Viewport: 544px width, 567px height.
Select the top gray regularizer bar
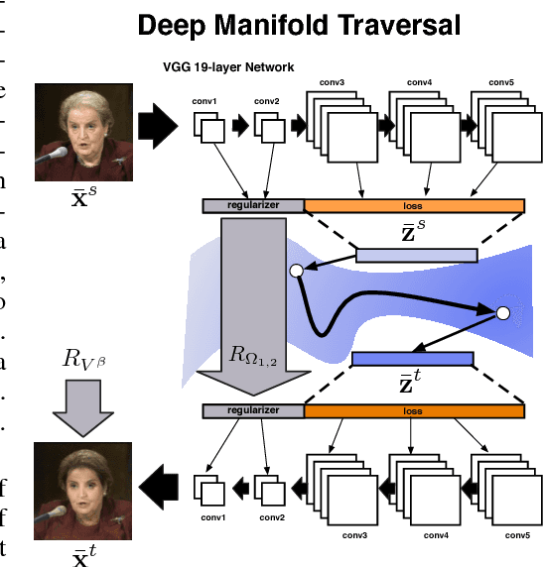253,205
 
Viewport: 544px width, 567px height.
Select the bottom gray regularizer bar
253,409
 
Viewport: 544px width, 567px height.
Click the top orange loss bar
414,205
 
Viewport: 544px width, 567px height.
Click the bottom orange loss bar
414,409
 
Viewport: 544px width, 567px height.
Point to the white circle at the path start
295,270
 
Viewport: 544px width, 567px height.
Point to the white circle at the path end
502,313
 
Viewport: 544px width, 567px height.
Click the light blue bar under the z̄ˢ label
416,256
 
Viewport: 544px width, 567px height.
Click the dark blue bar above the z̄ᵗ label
416,358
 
